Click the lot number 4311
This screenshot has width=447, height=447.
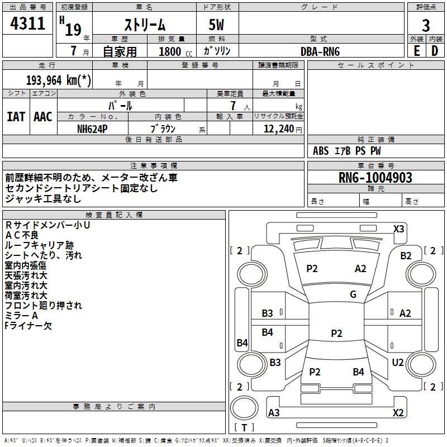pos(27,23)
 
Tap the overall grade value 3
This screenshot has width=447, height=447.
pos(426,26)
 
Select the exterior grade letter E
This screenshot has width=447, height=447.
pos(416,51)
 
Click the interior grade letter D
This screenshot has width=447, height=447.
pos(435,51)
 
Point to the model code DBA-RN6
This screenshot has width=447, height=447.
pos(320,51)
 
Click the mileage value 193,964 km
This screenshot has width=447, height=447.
pos(59,80)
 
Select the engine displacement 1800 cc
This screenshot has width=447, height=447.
pos(175,51)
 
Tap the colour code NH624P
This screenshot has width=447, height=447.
pos(92,129)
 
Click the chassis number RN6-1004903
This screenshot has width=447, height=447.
pos(375,178)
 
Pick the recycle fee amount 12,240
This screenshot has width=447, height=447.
pos(279,129)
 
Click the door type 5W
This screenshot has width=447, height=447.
pos(216,25)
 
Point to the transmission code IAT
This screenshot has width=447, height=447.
pos(16,117)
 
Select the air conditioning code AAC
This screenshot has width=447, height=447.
pos(43,117)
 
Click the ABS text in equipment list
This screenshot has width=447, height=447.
pos(321,151)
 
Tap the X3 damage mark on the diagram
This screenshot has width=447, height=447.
pos(398,229)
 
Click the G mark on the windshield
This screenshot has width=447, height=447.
pos(353,294)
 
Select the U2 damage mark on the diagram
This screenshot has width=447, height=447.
pos(398,363)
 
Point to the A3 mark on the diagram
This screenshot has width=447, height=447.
pos(274,413)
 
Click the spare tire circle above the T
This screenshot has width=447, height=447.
pos(244,408)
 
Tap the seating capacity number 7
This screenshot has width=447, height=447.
pos(233,106)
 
